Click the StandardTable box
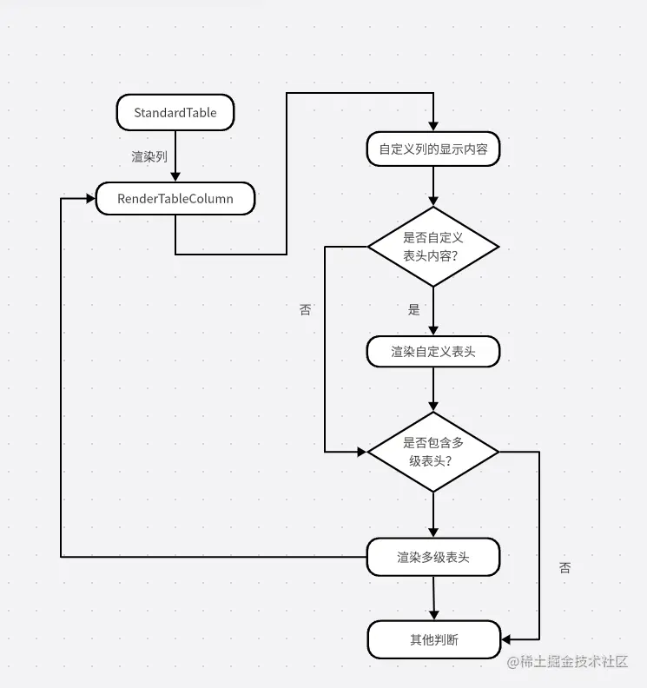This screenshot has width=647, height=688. (x=175, y=113)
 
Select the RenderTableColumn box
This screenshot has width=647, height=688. (x=175, y=199)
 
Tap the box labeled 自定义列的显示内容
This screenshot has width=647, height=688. (x=432, y=149)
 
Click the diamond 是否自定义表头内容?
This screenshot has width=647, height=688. (x=432, y=247)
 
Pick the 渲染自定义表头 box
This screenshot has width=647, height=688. (x=432, y=352)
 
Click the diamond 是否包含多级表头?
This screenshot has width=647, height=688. (x=432, y=452)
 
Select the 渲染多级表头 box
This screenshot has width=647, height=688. (x=432, y=557)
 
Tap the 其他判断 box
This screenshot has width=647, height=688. (x=433, y=640)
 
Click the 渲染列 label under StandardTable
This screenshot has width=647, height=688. (x=149, y=157)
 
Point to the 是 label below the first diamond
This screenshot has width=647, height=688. (x=413, y=310)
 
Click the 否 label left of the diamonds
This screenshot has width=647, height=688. (x=305, y=310)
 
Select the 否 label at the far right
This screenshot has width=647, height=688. (x=565, y=568)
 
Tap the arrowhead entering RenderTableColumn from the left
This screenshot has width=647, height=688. (x=89, y=199)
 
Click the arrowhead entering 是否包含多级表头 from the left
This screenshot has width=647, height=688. (x=362, y=452)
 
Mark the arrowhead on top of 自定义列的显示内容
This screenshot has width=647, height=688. (x=432, y=127)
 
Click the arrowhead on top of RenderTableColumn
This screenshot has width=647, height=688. (x=175, y=176)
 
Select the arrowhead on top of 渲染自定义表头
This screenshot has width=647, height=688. (x=432, y=330)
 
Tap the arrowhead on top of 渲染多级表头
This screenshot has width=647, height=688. (x=432, y=533)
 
